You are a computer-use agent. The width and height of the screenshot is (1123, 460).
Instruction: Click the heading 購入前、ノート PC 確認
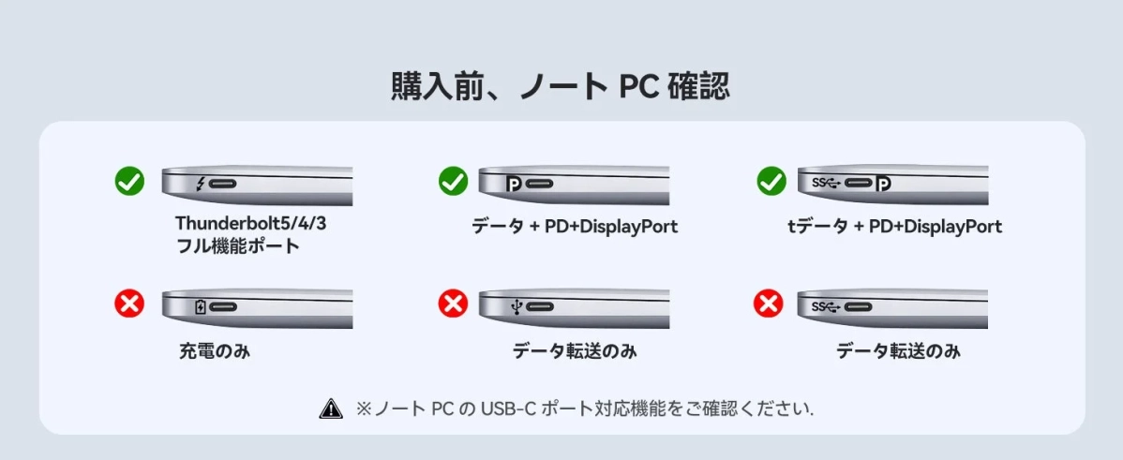tap(561, 86)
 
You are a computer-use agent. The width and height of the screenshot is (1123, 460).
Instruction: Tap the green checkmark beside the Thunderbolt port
tap(129, 181)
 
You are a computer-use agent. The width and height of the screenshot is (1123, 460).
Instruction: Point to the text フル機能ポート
tap(238, 246)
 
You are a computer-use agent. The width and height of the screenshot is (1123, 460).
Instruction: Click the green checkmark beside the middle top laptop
tap(453, 181)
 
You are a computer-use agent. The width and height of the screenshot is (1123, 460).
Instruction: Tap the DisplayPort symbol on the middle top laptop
tap(514, 183)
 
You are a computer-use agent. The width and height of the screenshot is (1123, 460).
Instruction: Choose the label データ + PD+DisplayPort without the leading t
tap(574, 227)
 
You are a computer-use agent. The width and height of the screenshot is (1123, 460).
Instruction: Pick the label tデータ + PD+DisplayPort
tap(894, 227)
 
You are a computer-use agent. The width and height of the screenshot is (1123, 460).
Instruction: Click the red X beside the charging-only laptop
tap(129, 303)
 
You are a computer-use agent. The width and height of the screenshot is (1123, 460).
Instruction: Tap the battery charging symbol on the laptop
tap(200, 306)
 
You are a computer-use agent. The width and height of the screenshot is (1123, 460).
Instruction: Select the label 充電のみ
tap(215, 352)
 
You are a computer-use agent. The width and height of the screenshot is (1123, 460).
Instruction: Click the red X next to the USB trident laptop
tap(453, 303)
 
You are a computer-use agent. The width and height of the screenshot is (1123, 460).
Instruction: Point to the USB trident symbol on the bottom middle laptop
tap(516, 306)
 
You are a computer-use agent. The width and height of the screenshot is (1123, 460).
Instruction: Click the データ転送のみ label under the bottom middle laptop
tap(574, 352)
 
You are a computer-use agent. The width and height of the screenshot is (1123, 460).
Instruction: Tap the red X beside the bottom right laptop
tap(769, 303)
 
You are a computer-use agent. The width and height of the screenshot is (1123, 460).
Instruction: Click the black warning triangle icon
tap(331, 408)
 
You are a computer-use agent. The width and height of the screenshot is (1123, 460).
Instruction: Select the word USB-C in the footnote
tap(509, 409)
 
